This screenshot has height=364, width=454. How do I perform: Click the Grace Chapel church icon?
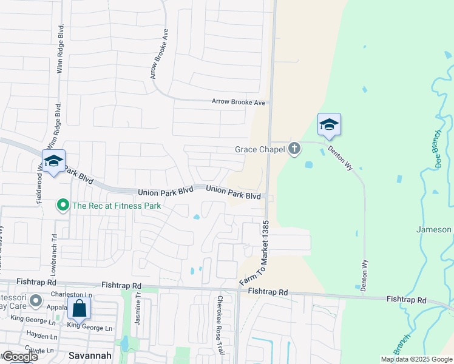click(294, 149)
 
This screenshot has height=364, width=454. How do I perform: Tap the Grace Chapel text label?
click(260, 149)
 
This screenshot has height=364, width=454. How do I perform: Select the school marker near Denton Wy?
click(329, 125)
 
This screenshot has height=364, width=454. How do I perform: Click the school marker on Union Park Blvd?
click(53, 161)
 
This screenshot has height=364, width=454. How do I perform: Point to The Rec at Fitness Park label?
click(117, 206)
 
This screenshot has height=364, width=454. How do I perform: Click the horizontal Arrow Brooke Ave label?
click(239, 102)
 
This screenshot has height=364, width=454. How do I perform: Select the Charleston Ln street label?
click(72, 295)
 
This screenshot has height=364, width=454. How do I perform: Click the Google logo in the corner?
click(20, 357)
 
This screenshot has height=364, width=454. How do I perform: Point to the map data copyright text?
click(416, 359)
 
